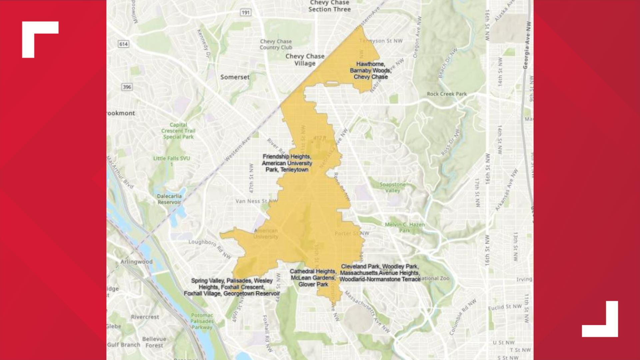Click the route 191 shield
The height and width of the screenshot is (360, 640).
[x=246, y=13]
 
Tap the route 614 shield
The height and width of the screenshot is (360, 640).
[x=123, y=44]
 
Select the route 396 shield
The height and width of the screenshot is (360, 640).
[x=127, y=87]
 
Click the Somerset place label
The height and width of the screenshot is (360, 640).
[x=235, y=77]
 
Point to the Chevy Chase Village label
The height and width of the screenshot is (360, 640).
[x=305, y=60]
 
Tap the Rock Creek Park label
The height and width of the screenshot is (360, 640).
[x=447, y=94]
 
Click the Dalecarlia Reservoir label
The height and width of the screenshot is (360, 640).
[x=169, y=199]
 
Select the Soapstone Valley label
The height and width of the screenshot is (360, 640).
[x=392, y=187]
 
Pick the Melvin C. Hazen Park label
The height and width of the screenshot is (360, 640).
[x=405, y=227]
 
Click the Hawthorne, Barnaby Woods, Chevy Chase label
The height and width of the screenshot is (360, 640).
[x=370, y=70]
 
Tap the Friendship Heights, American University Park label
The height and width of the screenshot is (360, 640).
[x=287, y=163]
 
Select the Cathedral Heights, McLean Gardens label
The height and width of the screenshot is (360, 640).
[x=313, y=278]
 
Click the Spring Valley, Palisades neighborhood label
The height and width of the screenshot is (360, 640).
[x=232, y=287]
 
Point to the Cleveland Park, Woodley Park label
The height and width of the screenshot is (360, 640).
[x=380, y=273]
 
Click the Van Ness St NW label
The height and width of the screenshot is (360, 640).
[x=256, y=201]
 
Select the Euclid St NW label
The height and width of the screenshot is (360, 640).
[x=505, y=307]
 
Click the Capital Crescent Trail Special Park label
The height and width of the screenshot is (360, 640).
[x=178, y=131]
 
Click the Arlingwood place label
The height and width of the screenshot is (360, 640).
[x=136, y=262]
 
